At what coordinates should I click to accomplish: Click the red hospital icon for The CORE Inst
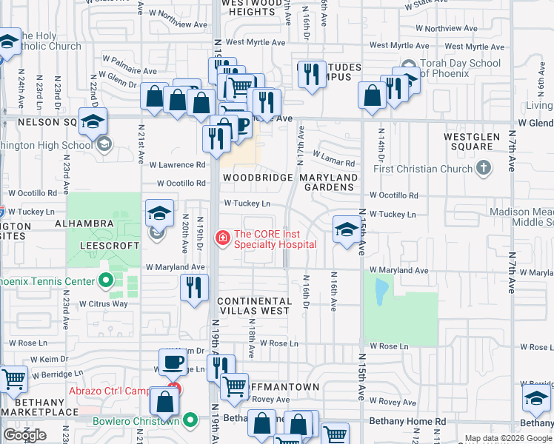(x=221, y=238)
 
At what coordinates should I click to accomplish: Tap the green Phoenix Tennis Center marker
(x=106, y=281)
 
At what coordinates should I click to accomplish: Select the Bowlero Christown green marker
(x=190, y=421)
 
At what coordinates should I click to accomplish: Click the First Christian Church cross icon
(x=484, y=168)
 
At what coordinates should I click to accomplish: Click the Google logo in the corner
(x=24, y=435)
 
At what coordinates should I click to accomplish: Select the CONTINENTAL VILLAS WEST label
(x=254, y=306)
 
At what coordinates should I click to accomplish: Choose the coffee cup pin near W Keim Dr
(x=173, y=363)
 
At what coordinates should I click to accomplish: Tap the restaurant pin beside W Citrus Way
(x=194, y=287)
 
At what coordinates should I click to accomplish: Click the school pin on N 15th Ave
(x=346, y=229)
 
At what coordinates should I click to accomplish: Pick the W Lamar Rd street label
(x=334, y=158)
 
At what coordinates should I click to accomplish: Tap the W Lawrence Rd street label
(x=177, y=165)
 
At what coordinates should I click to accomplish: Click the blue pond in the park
(x=381, y=293)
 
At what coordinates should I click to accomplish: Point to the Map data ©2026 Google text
(x=508, y=438)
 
